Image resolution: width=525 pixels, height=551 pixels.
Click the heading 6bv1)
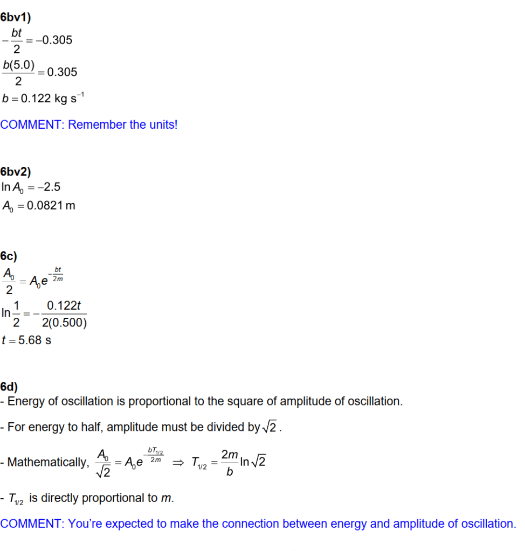pyautogui.click(x=16, y=17)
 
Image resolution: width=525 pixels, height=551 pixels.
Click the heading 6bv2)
pyautogui.click(x=16, y=172)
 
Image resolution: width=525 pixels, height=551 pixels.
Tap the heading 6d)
pyautogui.click(x=9, y=386)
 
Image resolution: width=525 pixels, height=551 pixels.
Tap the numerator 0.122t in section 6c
pyautogui.click(x=64, y=305)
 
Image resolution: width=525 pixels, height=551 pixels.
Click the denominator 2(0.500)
pyautogui.click(x=64, y=323)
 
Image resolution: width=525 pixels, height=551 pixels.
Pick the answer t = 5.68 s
pyautogui.click(x=26, y=340)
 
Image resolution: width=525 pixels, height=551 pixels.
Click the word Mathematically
pyautogui.click(x=47, y=463)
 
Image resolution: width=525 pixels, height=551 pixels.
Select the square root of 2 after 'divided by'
pyautogui.click(x=272, y=428)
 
